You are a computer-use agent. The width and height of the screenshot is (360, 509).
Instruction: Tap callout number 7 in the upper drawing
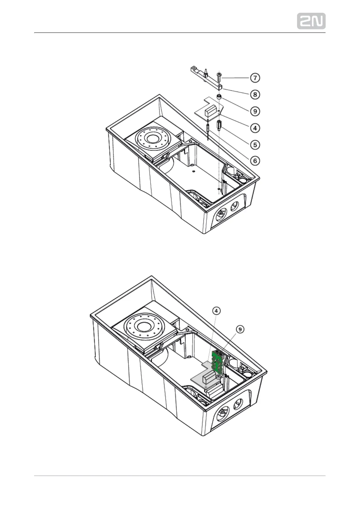point(255,78)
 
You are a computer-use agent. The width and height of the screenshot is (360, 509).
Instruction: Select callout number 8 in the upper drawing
point(255,95)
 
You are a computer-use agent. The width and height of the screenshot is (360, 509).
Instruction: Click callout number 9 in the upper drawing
point(255,111)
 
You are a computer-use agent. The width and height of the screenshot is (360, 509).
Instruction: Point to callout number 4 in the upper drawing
point(255,128)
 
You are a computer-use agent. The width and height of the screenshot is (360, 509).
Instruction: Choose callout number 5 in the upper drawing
point(255,144)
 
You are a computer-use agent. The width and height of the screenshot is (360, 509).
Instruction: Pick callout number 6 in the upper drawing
point(255,161)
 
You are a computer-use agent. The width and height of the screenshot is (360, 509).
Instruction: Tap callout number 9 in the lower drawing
point(240,329)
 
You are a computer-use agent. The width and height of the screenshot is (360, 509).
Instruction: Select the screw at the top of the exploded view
point(219,77)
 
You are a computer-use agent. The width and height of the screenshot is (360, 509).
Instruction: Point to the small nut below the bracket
point(219,97)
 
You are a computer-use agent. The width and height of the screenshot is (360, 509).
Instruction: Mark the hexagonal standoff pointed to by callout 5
point(219,125)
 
